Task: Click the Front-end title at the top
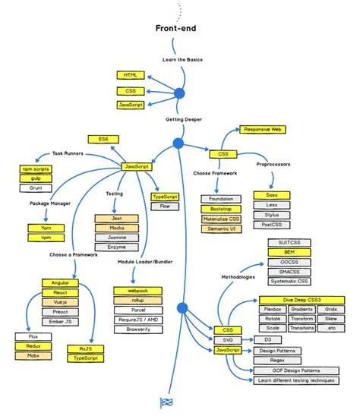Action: pyautogui.click(x=179, y=28)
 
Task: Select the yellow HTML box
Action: pyautogui.click(x=129, y=76)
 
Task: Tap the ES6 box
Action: pyautogui.click(x=103, y=140)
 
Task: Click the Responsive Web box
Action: pyautogui.click(x=262, y=130)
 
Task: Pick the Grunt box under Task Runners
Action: pyautogui.click(x=36, y=187)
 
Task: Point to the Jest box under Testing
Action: pyautogui.click(x=111, y=218)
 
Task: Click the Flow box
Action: pyautogui.click(x=165, y=206)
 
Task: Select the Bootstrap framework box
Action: pyautogui.click(x=221, y=209)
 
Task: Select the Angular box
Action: pyautogui.click(x=60, y=282)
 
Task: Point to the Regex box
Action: pyautogui.click(x=271, y=360)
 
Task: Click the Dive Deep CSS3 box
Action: pyautogui.click(x=296, y=300)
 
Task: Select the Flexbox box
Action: pyautogui.click(x=273, y=310)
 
